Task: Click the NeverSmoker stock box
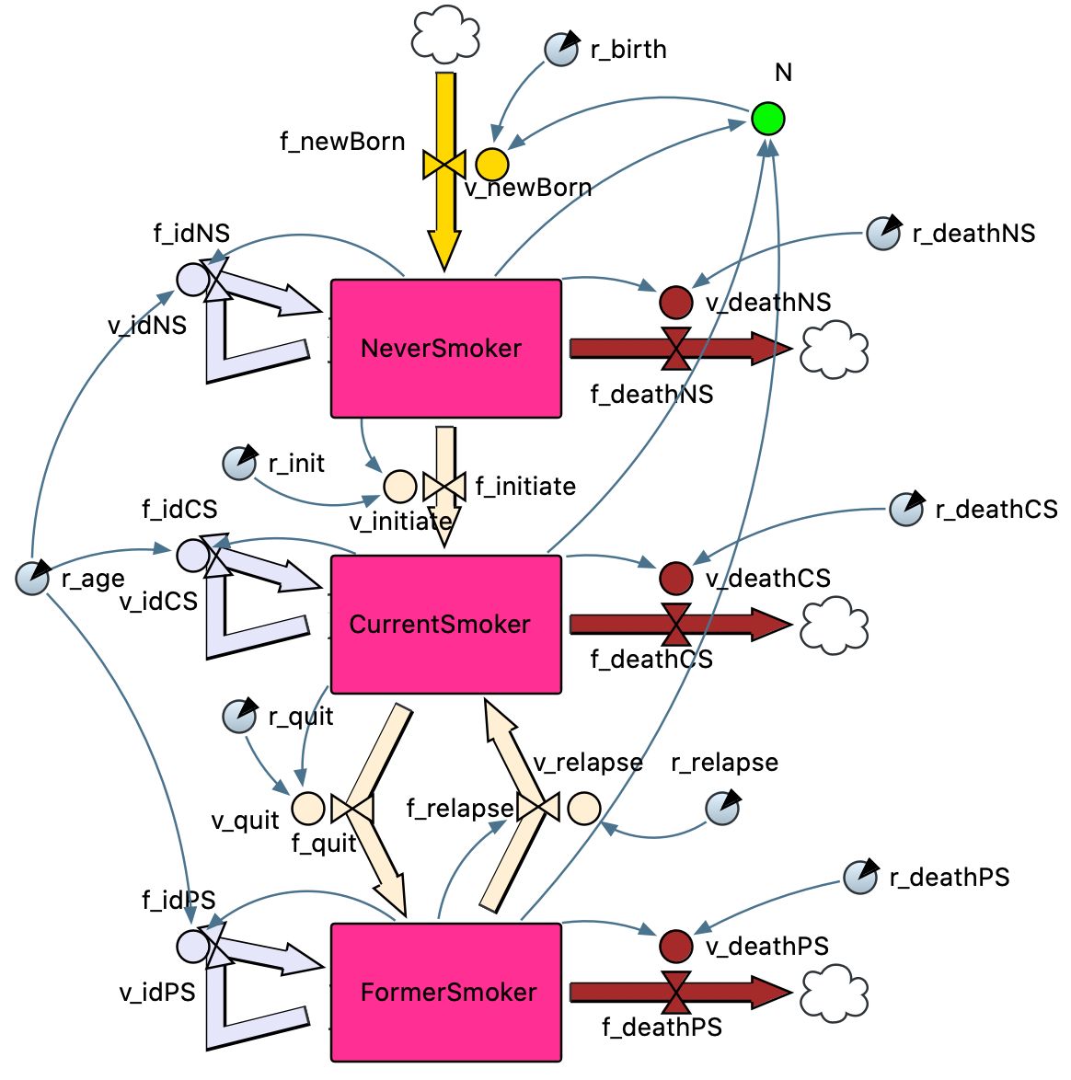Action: click(x=445, y=348)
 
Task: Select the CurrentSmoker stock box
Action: click(x=445, y=624)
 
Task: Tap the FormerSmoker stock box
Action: click(x=445, y=992)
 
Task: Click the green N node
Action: click(x=767, y=119)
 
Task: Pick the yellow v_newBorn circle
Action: click(x=492, y=165)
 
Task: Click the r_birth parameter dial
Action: click(x=561, y=50)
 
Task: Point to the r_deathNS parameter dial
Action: click(x=883, y=234)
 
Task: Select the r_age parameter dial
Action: click(x=32, y=579)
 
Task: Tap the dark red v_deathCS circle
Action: click(x=676, y=578)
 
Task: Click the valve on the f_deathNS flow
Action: click(x=676, y=348)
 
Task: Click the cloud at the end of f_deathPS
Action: click(x=835, y=992)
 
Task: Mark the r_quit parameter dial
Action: click(x=239, y=717)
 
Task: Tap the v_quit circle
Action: click(x=308, y=809)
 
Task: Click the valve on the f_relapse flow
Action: click(x=538, y=809)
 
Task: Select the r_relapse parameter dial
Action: click(x=722, y=809)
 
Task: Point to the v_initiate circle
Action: click(x=400, y=486)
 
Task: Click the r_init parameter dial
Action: click(x=239, y=464)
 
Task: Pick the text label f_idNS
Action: click(x=191, y=234)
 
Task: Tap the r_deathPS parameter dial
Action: click(x=860, y=878)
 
